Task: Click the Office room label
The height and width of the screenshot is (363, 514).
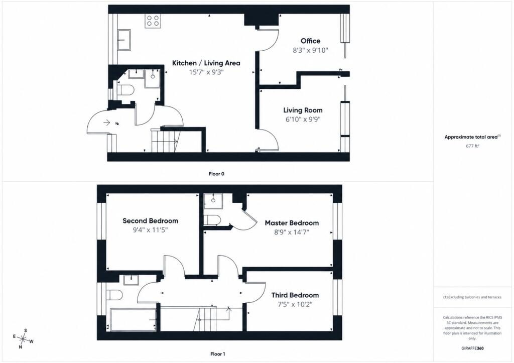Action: [310, 41]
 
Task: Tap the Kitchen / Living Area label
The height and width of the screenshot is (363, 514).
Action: [206, 63]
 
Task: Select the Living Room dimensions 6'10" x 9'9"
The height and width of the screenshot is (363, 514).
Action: [303, 119]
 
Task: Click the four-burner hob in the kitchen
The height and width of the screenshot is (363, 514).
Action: [153, 21]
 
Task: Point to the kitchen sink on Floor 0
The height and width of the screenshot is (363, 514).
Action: [124, 40]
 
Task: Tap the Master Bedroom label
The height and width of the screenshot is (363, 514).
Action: [292, 223]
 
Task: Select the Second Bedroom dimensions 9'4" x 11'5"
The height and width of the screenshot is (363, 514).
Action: [150, 230]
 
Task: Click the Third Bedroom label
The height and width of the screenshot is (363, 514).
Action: [295, 295]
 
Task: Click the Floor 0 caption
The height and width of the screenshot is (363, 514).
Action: [216, 174]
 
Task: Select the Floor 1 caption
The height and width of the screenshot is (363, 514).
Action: [218, 354]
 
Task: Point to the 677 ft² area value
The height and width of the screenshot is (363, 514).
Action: [472, 146]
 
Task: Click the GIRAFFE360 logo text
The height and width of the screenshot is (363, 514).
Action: [472, 348]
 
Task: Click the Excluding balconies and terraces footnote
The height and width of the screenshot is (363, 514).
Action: [472, 297]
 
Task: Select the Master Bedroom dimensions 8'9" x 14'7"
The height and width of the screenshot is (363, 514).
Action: [292, 232]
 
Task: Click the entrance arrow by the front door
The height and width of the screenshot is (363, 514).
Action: [106, 123]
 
